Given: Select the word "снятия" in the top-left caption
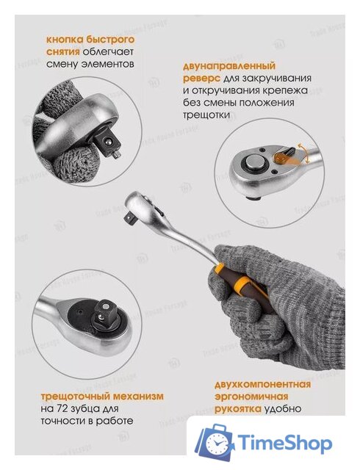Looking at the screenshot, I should (x=63, y=51).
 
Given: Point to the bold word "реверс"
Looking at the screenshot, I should (x=201, y=78).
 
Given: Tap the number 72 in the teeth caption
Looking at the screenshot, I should (x=73, y=408).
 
